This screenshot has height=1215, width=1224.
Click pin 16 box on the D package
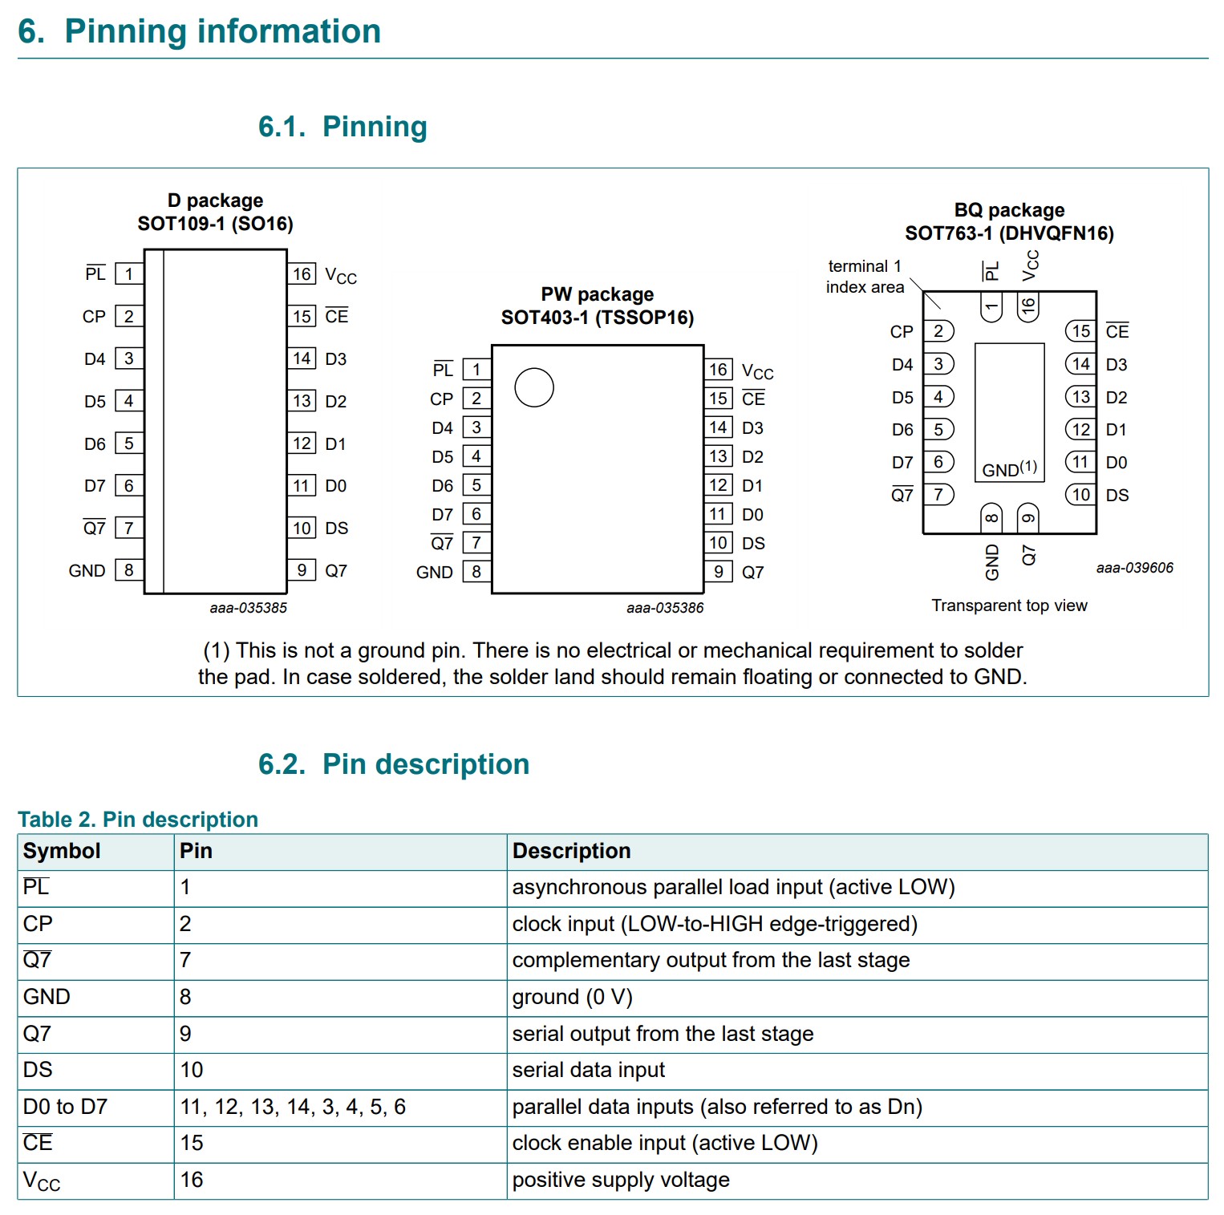[x=302, y=274]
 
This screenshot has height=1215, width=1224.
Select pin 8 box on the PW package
[x=476, y=572]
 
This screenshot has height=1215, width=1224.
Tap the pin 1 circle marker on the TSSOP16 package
[x=534, y=387]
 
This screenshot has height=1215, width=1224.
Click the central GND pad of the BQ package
[x=1009, y=412]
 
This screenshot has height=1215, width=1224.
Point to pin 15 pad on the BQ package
[x=1080, y=331]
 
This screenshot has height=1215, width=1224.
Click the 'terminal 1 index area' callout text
[x=865, y=277]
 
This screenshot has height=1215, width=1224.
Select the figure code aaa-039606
[x=1134, y=568]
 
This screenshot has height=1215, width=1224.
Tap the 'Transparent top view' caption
[x=1009, y=605]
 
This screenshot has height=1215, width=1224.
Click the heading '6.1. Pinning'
[x=342, y=127]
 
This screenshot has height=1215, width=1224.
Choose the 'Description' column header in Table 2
[x=571, y=851]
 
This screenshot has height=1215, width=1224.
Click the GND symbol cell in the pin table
[x=47, y=997]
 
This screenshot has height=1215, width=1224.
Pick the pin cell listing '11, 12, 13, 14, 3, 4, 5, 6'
[x=293, y=1107]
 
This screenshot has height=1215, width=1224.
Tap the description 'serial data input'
[x=588, y=1070]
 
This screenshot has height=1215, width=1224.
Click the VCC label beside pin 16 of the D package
[x=340, y=276]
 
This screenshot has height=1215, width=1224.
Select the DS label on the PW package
[x=753, y=543]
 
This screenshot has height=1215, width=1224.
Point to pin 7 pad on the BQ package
[x=938, y=495]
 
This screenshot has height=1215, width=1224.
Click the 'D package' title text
[x=215, y=200]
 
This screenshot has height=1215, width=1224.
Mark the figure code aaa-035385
[x=248, y=608]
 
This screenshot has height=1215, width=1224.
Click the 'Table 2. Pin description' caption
[x=138, y=819]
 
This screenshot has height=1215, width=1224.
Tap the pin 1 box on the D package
[x=128, y=274]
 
